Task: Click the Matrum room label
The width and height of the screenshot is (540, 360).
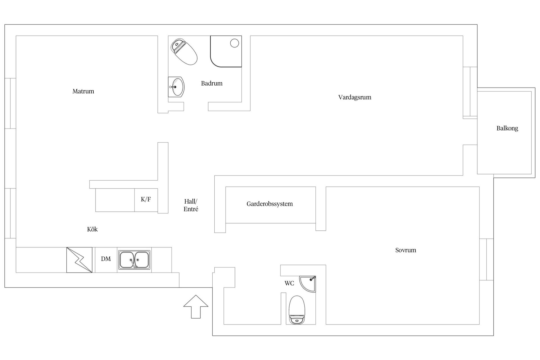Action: [x=83, y=91]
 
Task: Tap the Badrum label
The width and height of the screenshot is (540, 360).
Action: [x=211, y=83]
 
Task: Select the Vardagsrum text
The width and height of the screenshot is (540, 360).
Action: [x=355, y=97]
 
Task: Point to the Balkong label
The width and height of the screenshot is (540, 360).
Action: [x=507, y=128]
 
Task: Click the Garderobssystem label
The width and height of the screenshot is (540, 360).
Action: [x=269, y=204]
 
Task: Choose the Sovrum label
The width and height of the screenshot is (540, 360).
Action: [x=406, y=250]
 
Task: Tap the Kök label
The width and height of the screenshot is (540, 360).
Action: [x=92, y=229]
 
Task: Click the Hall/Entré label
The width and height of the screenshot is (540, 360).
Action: [x=191, y=205]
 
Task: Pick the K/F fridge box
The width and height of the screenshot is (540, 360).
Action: [x=146, y=200]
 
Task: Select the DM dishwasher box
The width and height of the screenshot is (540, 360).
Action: [x=106, y=259]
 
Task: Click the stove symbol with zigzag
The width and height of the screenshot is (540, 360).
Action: [x=79, y=260]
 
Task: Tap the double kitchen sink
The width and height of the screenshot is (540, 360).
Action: [x=134, y=260]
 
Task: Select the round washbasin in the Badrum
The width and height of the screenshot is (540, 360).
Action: [x=176, y=87]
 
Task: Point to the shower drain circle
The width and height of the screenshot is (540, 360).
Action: [x=234, y=43]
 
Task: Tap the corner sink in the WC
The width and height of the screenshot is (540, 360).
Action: [x=309, y=283]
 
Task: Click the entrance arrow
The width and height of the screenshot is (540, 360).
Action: [x=196, y=307]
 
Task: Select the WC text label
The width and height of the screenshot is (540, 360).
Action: [x=289, y=283]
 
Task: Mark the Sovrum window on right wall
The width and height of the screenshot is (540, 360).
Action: [x=486, y=259]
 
